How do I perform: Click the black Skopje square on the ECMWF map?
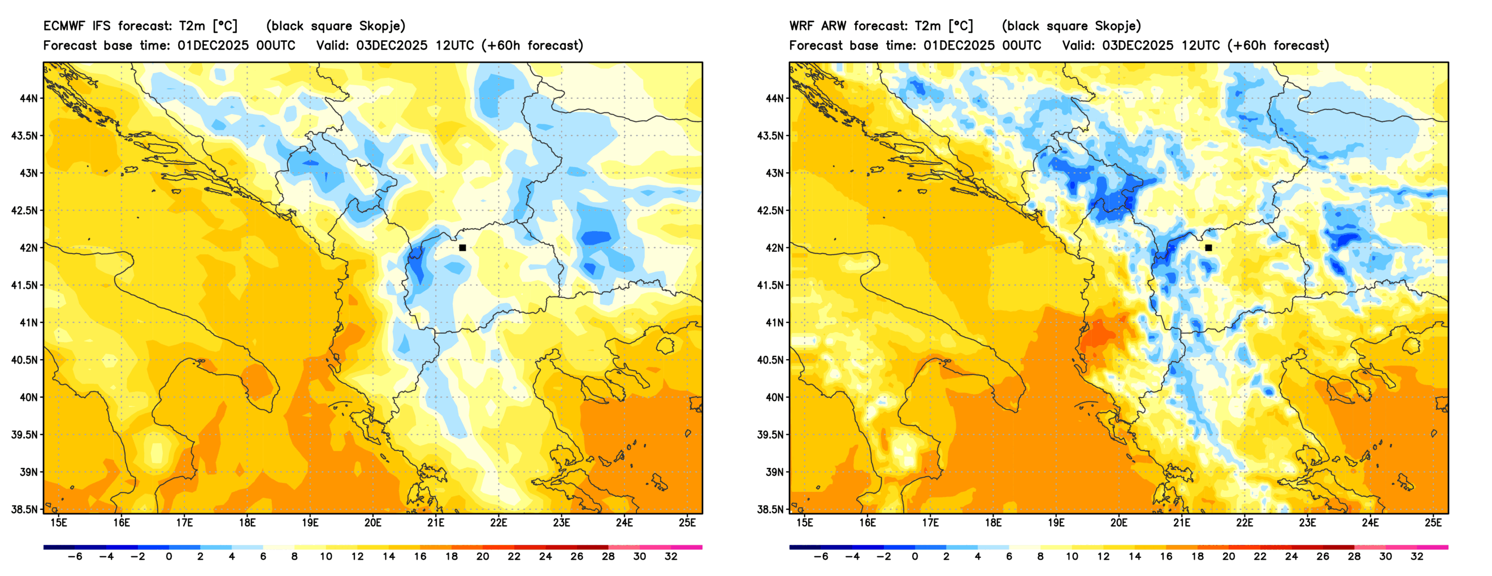(462, 248)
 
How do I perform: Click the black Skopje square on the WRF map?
(1208, 248)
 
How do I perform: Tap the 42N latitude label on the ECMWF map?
(28, 248)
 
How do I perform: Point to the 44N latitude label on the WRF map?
(774, 98)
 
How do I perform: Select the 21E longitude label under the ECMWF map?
(436, 523)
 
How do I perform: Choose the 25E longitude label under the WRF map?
(1433, 523)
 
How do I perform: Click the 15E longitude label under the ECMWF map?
(59, 523)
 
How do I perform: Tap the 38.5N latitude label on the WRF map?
(770, 509)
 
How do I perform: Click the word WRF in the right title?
(801, 26)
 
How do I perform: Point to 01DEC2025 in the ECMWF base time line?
(212, 46)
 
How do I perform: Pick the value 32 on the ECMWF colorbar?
(671, 557)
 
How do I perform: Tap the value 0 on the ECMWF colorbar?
(168, 557)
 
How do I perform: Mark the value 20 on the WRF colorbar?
(1229, 557)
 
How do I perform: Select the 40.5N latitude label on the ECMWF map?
(24, 360)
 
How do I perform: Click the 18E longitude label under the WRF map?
(993, 523)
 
